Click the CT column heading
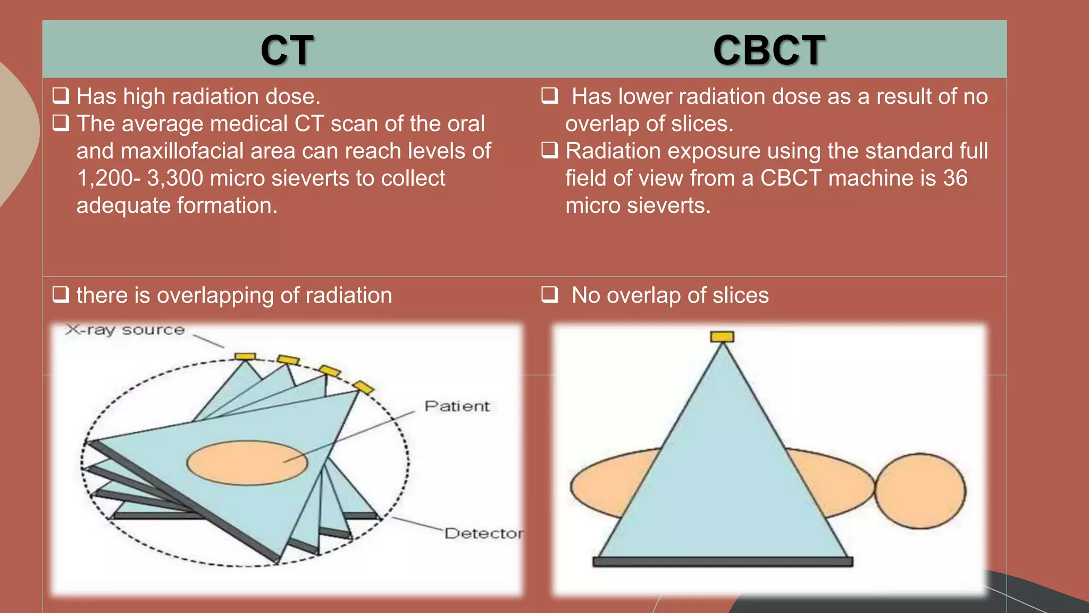point(287,51)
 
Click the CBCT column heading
point(768,51)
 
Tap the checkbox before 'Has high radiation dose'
point(61,96)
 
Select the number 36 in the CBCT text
point(955,178)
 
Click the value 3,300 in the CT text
point(175,178)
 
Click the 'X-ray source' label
point(125,330)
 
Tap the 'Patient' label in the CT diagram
point(457,407)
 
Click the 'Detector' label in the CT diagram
point(483,533)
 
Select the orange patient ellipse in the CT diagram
point(247,463)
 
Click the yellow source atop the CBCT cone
point(722,336)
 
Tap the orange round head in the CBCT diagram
point(920,491)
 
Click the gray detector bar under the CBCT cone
point(722,561)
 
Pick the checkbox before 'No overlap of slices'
point(549,294)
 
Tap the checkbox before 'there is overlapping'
point(61,294)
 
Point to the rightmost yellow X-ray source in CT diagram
point(364,387)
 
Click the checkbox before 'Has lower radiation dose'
point(549,96)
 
